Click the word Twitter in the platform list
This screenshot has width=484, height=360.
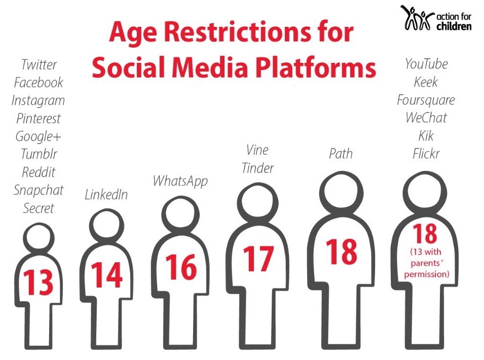39,64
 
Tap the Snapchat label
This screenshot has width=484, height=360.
39,190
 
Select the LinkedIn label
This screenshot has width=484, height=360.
106,195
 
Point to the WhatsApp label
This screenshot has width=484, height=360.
180,181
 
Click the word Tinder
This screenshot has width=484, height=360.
258,168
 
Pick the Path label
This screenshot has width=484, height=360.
341,154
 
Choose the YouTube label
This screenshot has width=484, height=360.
426,64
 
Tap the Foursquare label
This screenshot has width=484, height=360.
426,100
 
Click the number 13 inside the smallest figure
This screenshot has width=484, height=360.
39,282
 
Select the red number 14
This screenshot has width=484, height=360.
107,274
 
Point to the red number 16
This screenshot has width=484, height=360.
181,267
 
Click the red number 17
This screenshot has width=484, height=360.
258,259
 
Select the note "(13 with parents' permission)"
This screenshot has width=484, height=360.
427,263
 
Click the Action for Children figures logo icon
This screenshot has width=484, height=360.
417,18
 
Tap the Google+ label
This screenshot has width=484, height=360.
39,136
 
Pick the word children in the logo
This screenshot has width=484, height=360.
454,26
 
